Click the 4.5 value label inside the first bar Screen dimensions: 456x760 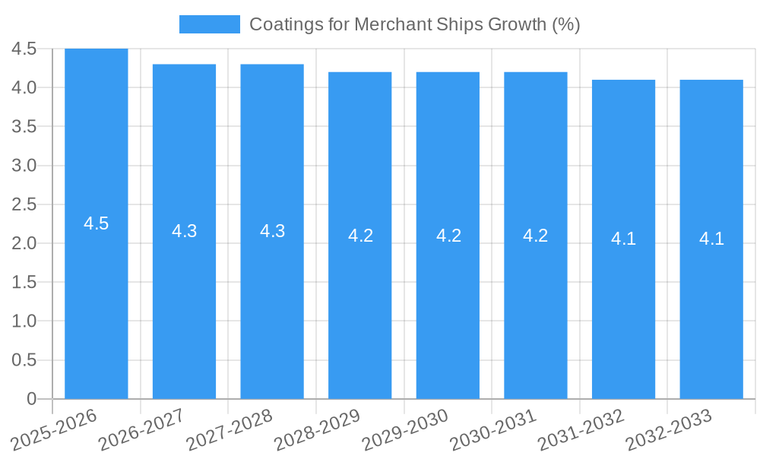(x=97, y=223)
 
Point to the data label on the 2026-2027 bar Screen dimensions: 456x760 (x=185, y=231)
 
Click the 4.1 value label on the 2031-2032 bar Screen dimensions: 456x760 (x=623, y=239)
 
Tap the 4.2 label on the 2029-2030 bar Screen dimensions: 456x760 (x=448, y=235)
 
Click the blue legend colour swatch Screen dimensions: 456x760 (x=210, y=24)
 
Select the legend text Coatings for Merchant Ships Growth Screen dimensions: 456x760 (x=414, y=24)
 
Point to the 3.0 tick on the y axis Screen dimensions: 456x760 (x=24, y=166)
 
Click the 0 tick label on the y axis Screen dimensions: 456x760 (x=31, y=399)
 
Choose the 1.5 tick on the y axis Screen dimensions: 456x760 (x=24, y=282)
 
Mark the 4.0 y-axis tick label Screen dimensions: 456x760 (x=24, y=87)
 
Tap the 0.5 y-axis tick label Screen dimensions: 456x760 (x=24, y=360)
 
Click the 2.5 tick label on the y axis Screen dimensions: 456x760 (x=24, y=204)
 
